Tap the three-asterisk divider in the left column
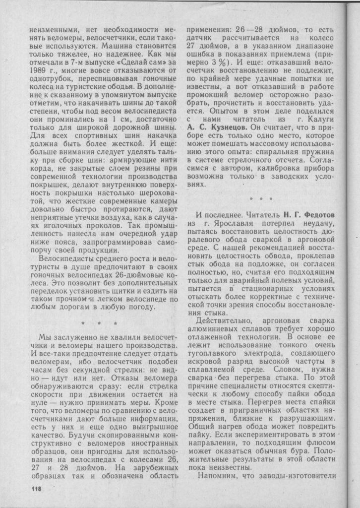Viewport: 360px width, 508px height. pyautogui.click(x=99, y=323)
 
